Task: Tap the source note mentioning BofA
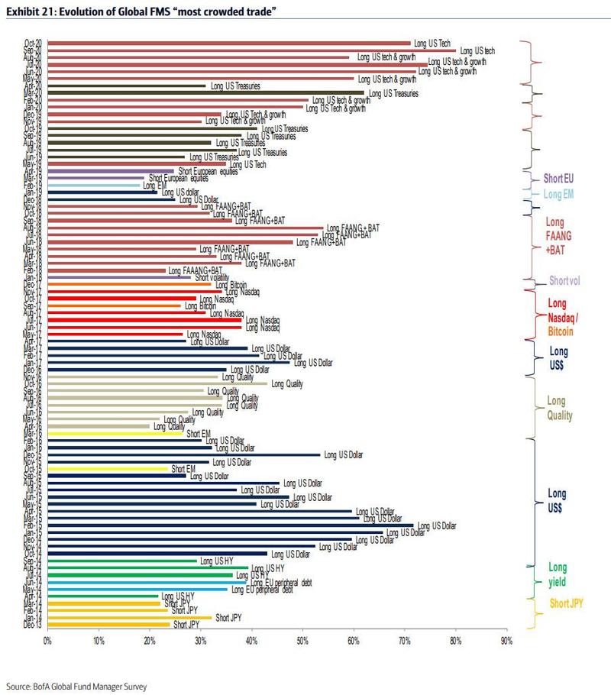coord(76,687)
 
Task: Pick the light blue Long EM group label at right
coord(563,195)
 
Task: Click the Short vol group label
coord(565,281)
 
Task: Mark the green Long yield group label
coord(558,574)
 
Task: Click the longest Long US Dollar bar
coord(230,525)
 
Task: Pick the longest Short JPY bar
coord(129,617)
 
